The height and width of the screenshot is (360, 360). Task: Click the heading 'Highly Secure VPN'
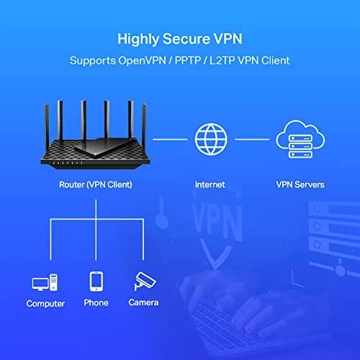pos(179,37)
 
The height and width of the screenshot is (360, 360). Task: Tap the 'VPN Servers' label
pos(300,184)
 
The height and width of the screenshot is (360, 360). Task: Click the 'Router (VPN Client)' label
pos(95,184)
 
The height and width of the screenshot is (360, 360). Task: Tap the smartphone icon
pos(96,280)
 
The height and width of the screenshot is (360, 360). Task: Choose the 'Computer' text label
pos(45,304)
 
